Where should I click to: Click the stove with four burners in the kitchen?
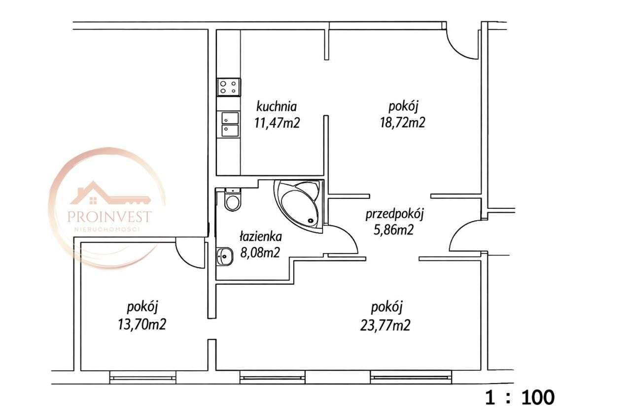click(228, 87)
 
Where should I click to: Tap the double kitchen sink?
click(230, 124)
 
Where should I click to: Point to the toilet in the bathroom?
click(231, 199)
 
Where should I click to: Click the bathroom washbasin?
click(224, 256)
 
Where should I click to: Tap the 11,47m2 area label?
click(277, 123)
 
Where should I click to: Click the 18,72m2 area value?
click(406, 123)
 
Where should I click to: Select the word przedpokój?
click(395, 215)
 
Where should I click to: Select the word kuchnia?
click(276, 106)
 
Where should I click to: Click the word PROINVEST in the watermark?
click(109, 217)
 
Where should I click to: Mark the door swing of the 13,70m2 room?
click(190, 255)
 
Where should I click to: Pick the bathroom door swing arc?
click(345, 240)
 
